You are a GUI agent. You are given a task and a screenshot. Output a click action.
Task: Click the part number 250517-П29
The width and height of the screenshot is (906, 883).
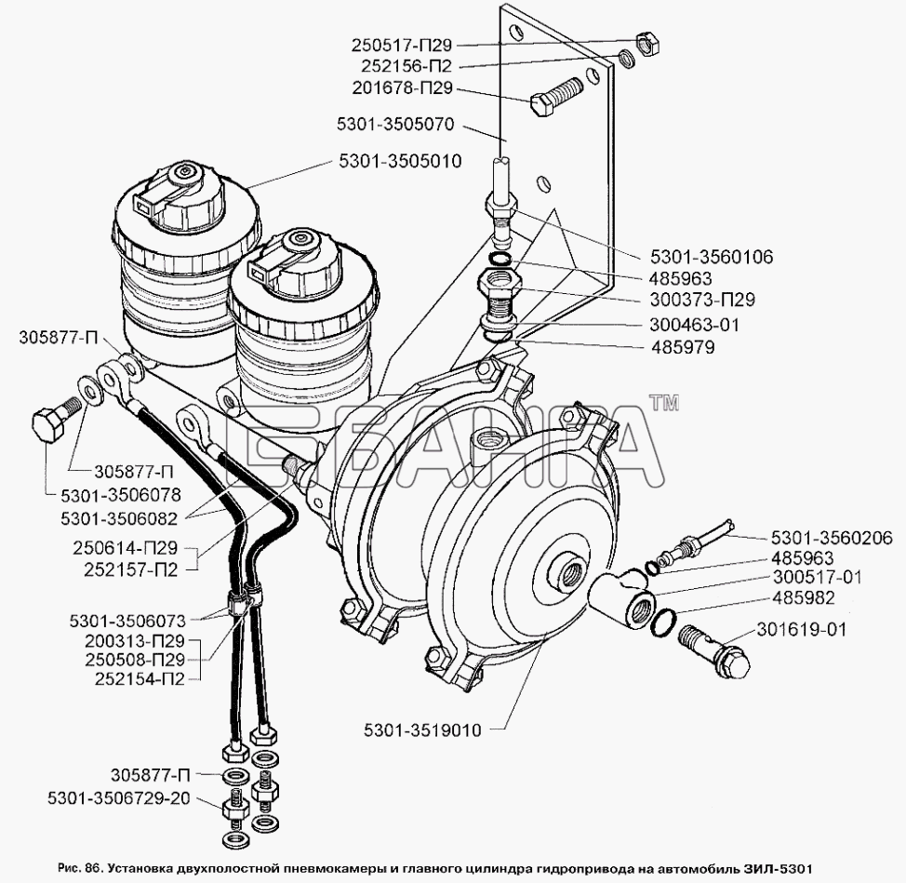[402, 45]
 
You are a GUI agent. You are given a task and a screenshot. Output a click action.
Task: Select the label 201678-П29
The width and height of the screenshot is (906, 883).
[403, 88]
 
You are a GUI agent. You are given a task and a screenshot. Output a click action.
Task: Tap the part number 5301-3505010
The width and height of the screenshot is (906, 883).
[400, 161]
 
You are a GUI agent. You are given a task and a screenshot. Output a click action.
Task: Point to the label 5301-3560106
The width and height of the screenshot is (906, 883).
[712, 257]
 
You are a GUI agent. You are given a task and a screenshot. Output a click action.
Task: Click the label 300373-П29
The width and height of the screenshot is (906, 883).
[702, 300]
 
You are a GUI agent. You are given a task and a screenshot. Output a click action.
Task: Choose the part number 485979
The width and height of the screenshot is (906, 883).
[683, 347]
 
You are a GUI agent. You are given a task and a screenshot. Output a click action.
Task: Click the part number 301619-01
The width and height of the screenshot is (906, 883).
[801, 629]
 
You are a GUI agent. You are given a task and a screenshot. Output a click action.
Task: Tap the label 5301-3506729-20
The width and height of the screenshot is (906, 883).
[120, 798]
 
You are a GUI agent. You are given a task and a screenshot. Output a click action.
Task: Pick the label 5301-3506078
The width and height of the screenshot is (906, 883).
[121, 495]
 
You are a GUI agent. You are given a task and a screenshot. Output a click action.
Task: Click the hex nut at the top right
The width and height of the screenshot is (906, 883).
[647, 44]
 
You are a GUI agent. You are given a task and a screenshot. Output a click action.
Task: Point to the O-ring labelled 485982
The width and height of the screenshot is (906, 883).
[664, 622]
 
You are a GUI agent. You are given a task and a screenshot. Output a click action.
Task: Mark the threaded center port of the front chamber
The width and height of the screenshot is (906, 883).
[570, 571]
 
